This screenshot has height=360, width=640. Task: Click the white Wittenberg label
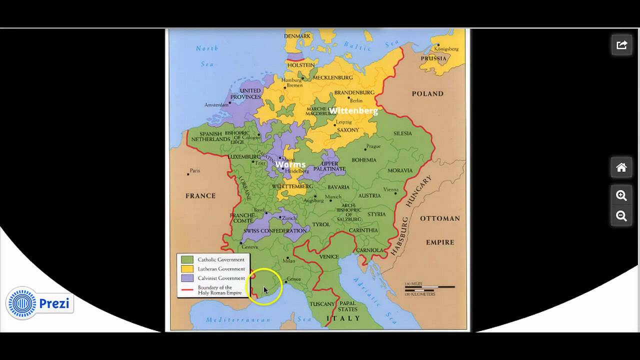tap(353, 110)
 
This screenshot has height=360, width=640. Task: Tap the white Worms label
tap(290, 164)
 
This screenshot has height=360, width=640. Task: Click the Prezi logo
tap(40, 303)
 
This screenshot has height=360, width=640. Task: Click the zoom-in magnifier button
tap(621, 195)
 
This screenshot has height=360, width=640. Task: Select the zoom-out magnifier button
tap(621, 216)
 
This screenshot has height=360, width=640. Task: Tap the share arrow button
tap(621, 45)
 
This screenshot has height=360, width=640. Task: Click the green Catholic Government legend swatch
tap(187, 260)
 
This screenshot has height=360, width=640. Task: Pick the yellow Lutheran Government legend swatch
tap(187, 269)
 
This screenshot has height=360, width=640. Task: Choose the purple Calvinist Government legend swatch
tap(187, 278)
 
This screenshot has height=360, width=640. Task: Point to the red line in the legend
tap(187, 289)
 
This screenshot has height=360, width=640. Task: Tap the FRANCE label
tap(200, 196)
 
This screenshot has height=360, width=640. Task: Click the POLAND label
tap(427, 93)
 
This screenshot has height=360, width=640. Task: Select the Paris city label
tap(194, 171)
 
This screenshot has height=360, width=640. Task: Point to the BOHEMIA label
tap(364, 160)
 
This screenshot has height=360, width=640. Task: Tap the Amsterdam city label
tap(216, 105)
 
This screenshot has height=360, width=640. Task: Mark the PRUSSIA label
tap(433, 58)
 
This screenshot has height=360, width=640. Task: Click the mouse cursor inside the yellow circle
tap(265, 290)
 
